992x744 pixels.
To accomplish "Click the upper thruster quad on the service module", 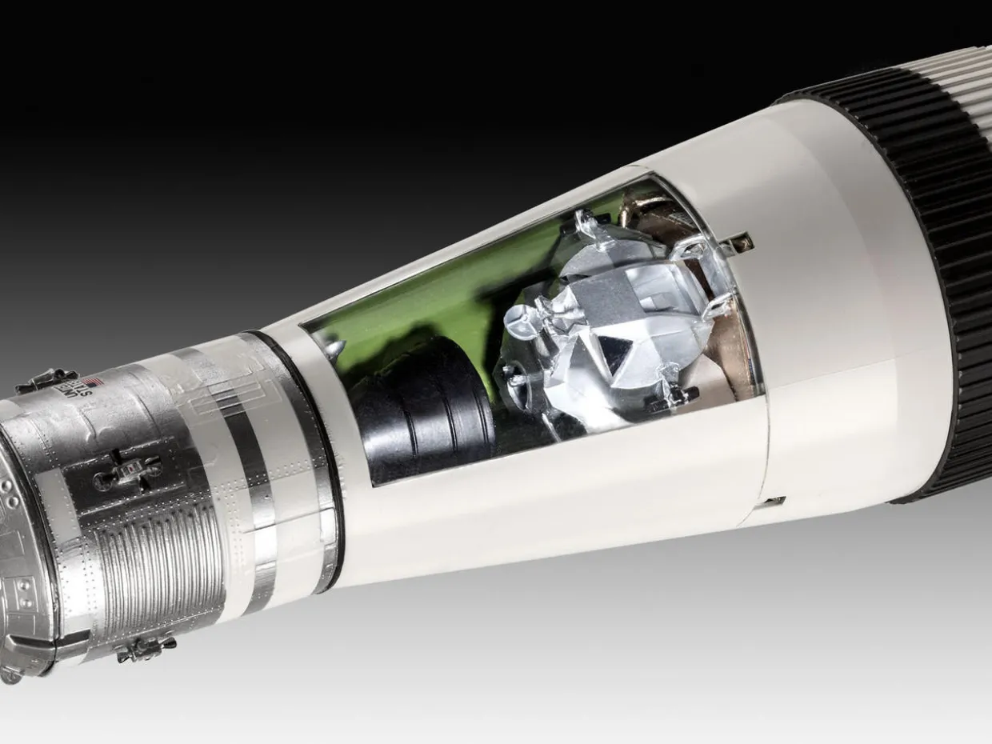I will (x=46, y=380).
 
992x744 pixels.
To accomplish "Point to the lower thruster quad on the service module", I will (x=146, y=646).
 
